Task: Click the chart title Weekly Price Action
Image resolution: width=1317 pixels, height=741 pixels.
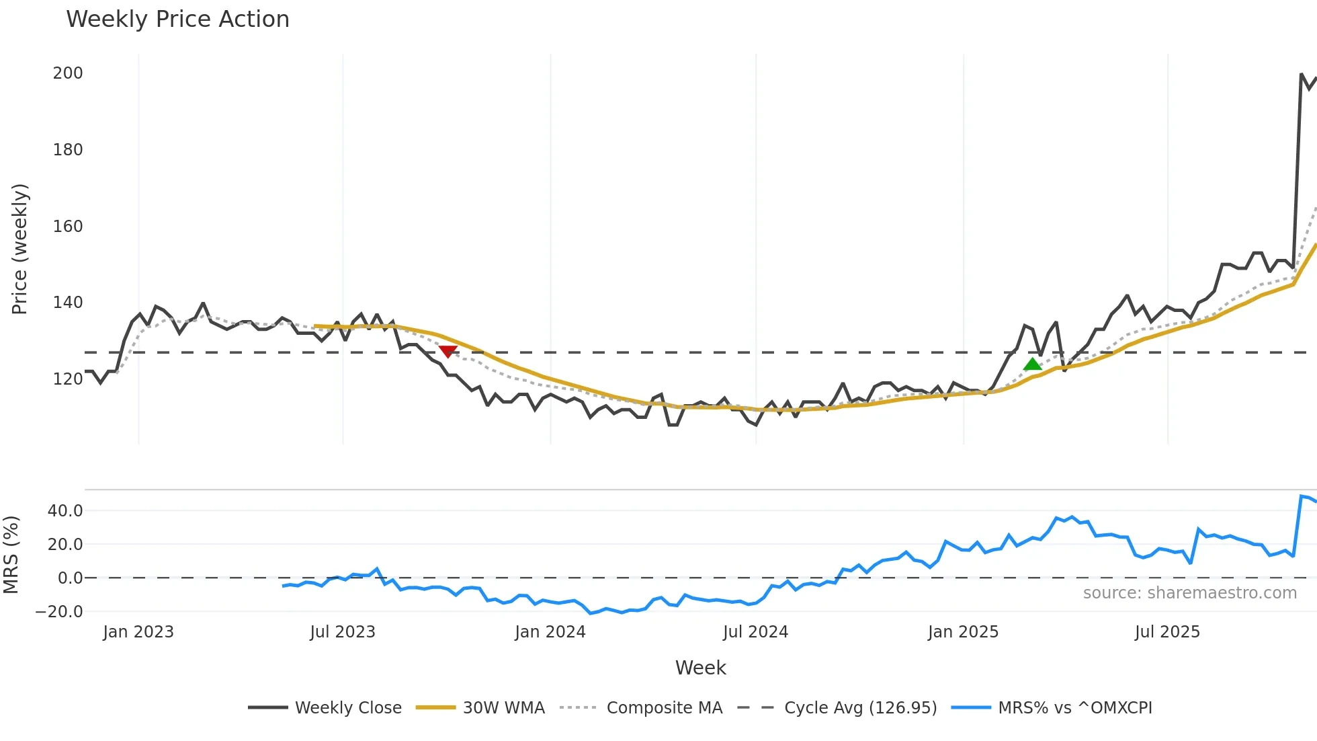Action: point(177,19)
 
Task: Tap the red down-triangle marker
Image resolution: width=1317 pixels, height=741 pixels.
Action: point(448,351)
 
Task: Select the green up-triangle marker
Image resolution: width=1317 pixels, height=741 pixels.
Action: point(1033,364)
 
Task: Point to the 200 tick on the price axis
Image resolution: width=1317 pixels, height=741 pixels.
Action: point(68,73)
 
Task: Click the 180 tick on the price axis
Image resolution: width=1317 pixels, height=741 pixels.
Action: point(68,150)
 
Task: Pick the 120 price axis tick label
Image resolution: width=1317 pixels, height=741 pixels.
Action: point(68,379)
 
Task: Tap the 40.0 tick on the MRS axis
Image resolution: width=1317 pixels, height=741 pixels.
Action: point(65,511)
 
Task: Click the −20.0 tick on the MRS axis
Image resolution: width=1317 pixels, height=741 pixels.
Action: point(59,612)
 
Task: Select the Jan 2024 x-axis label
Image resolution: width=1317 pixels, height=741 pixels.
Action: point(550,632)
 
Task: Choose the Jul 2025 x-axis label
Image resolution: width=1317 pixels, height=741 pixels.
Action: point(1167,632)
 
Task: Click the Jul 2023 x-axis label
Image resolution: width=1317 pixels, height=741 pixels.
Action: point(343,632)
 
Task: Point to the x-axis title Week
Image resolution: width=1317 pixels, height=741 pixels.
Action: point(700,668)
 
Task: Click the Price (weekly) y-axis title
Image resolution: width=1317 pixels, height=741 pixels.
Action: point(19,249)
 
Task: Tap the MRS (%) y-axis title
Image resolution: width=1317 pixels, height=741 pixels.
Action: point(11,555)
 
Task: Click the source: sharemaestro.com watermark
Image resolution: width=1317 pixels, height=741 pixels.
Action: point(1189,593)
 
